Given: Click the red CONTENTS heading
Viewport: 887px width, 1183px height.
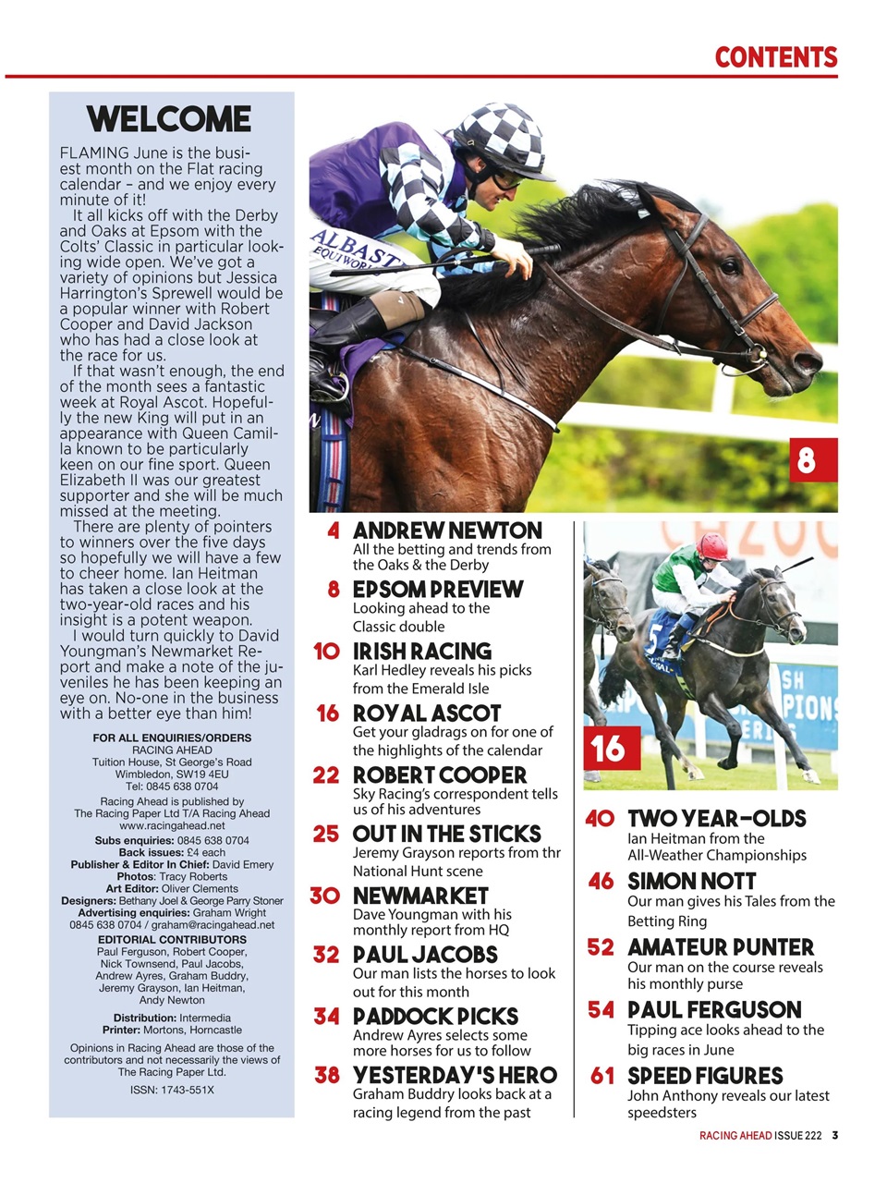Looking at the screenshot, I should pyautogui.click(x=775, y=57).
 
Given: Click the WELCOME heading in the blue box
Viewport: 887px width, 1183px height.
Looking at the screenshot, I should pyautogui.click(x=169, y=119).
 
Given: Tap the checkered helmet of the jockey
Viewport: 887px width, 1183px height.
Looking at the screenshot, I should pyautogui.click(x=498, y=140).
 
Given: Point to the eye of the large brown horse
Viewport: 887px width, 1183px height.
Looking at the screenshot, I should pyautogui.click(x=729, y=267).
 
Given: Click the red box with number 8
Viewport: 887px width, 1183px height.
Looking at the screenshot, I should pyautogui.click(x=807, y=459).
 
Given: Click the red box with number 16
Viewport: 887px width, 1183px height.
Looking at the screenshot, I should pyautogui.click(x=609, y=747).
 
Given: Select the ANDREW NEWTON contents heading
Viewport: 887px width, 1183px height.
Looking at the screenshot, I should pyautogui.click(x=447, y=531).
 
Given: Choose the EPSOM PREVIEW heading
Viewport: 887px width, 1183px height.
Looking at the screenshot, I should pyautogui.click(x=438, y=590).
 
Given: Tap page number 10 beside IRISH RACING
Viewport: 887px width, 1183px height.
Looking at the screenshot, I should pyautogui.click(x=325, y=652).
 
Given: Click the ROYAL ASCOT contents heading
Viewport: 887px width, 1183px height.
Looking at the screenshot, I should pyautogui.click(x=427, y=713).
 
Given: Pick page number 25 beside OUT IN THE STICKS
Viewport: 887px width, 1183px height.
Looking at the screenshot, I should pyautogui.click(x=325, y=834).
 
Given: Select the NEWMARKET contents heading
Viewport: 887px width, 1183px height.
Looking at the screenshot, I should pyautogui.click(x=420, y=896).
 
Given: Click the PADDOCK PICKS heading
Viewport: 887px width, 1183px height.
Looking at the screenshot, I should pyautogui.click(x=435, y=1017).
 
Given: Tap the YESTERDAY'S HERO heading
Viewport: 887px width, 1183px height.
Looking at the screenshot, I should pyautogui.click(x=455, y=1076).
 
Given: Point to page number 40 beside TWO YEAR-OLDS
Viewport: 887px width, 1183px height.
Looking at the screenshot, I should pyautogui.click(x=600, y=819).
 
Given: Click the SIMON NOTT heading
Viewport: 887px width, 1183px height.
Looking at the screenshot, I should pyautogui.click(x=691, y=882).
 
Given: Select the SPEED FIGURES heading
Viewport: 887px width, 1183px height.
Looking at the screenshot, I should pyautogui.click(x=705, y=1076).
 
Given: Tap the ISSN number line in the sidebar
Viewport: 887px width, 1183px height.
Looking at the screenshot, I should pyautogui.click(x=172, y=1090).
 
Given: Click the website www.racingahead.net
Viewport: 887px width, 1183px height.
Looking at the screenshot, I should pyautogui.click(x=172, y=825).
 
